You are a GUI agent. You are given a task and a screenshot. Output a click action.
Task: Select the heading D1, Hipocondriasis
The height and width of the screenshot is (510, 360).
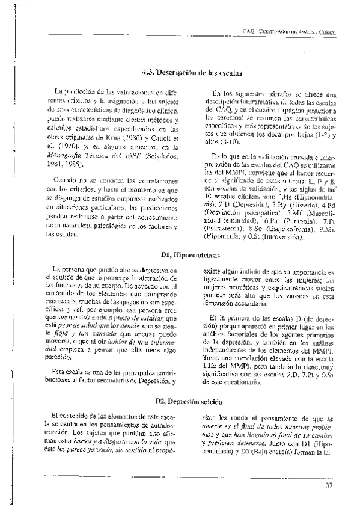pyautogui.click(x=180, y=255)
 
